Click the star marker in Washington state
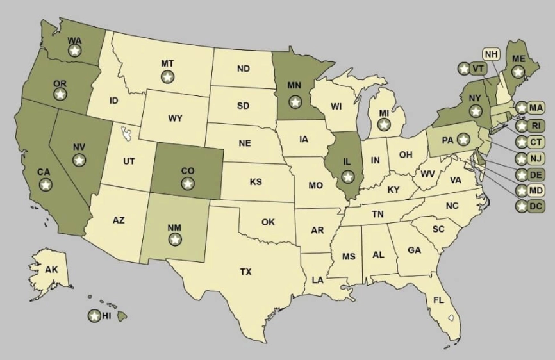75,51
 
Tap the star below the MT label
167,76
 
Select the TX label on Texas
245,272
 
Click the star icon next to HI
94,315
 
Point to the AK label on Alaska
51,270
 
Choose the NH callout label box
492,54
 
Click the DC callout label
536,206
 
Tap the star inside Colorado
187,183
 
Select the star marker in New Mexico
174,239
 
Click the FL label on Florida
438,300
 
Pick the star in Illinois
347,176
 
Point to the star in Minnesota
294,101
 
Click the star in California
45,184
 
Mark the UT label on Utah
129,161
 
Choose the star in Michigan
384,125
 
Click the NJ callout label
536,158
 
